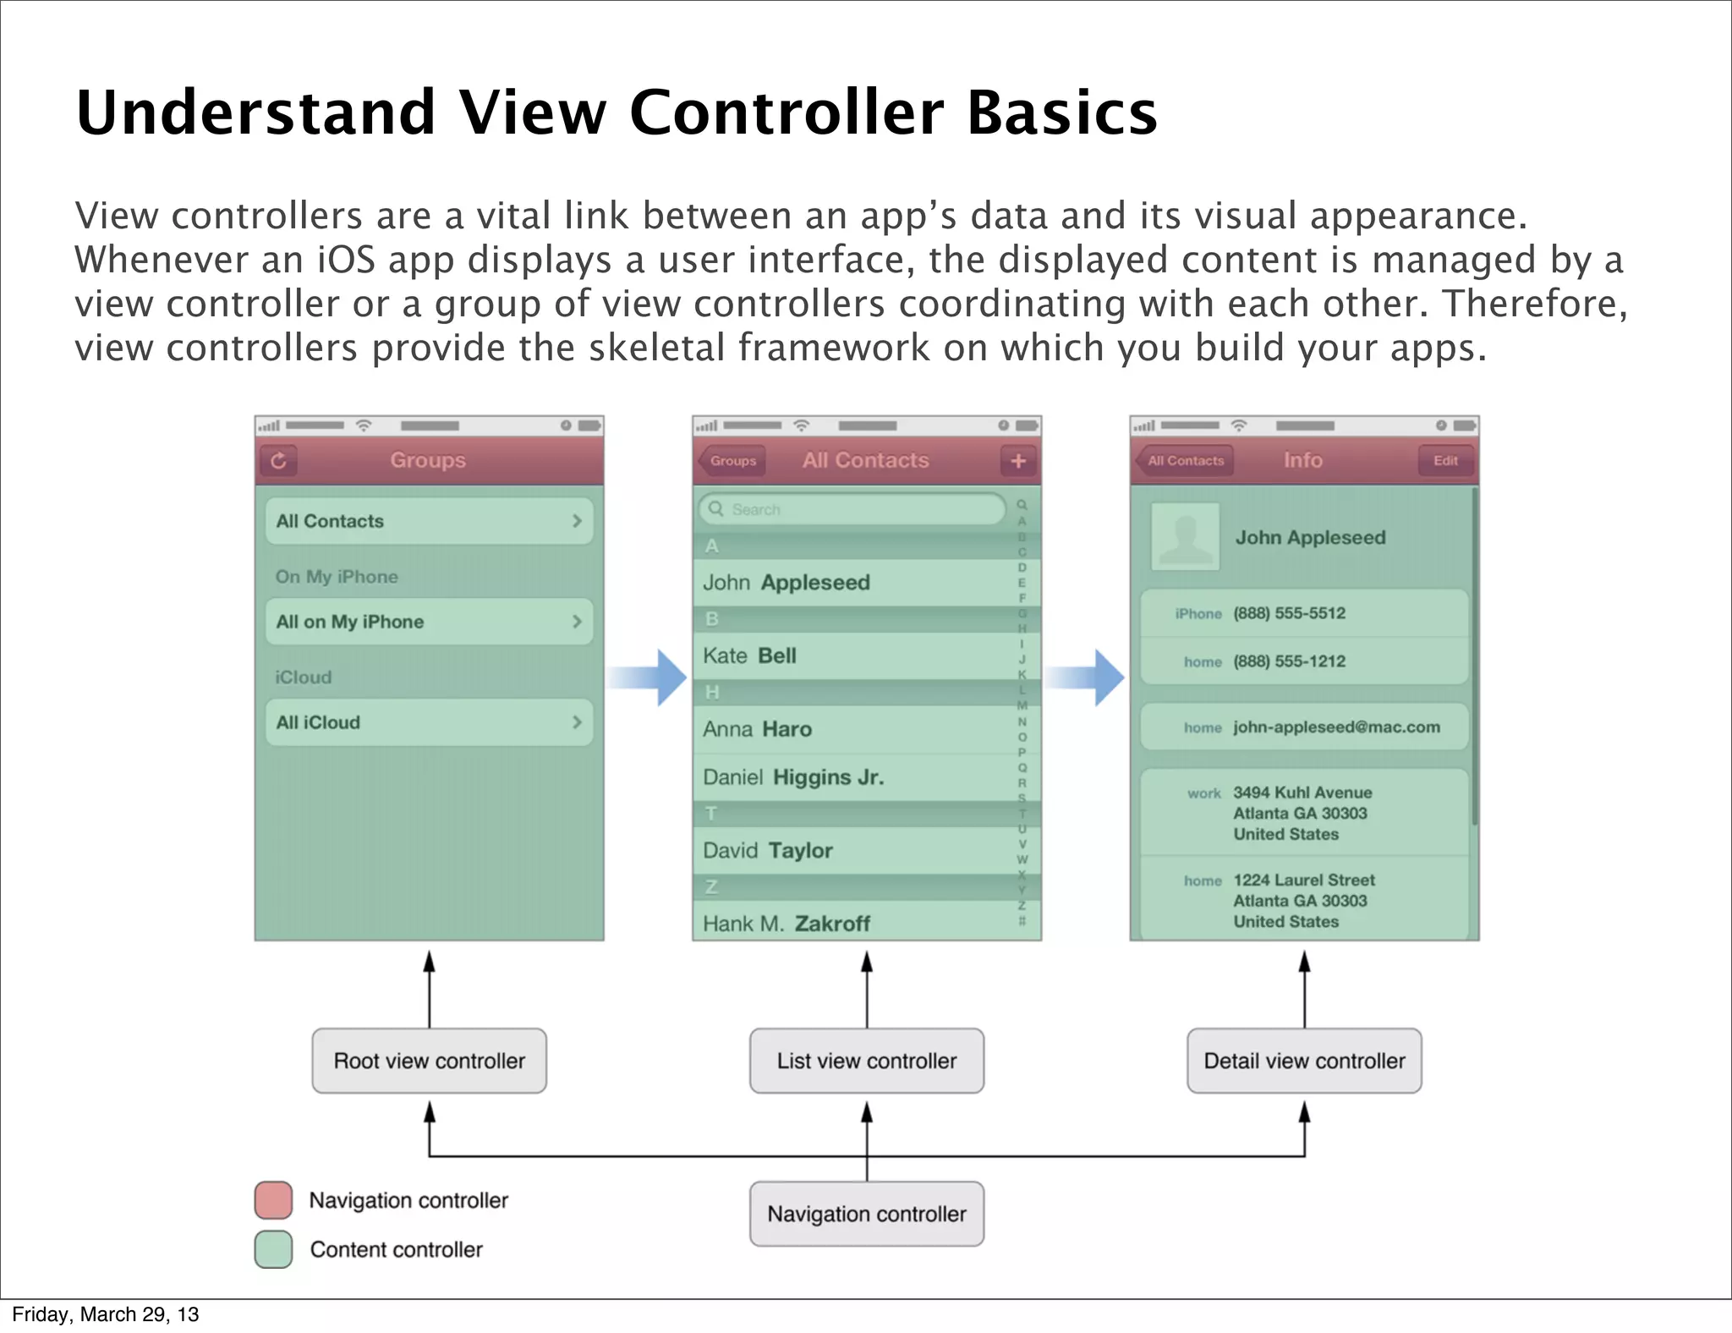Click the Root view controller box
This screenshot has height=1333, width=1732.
pyautogui.click(x=429, y=1061)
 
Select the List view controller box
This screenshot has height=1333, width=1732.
pyautogui.click(x=866, y=1061)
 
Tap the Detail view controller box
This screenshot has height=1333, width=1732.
pyautogui.click(x=1304, y=1061)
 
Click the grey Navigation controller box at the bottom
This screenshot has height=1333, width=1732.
pyautogui.click(x=866, y=1214)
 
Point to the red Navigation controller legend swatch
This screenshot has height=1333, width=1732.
pyautogui.click(x=273, y=1199)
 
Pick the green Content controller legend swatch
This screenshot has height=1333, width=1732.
pyautogui.click(x=273, y=1249)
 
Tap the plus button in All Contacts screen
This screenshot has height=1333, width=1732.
pyautogui.click(x=1017, y=461)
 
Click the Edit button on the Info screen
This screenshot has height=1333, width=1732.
pyautogui.click(x=1444, y=461)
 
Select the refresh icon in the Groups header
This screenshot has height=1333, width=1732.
pyautogui.click(x=278, y=461)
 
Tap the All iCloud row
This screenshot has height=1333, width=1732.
pyautogui.click(x=429, y=722)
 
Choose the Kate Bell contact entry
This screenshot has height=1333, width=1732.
pyautogui.click(x=854, y=656)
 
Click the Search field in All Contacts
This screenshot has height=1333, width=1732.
pyautogui.click(x=851, y=509)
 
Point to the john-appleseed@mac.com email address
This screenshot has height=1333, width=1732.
pyautogui.click(x=1336, y=727)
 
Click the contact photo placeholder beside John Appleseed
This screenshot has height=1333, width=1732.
pyautogui.click(x=1185, y=536)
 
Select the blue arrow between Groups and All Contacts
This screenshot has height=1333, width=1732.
pyautogui.click(x=649, y=677)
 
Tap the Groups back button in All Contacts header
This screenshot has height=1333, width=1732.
pyautogui.click(x=732, y=461)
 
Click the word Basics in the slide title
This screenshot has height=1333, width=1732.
pyautogui.click(x=1061, y=112)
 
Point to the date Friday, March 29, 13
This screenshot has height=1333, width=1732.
pyautogui.click(x=106, y=1314)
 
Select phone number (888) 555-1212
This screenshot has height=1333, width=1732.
pyautogui.click(x=1289, y=661)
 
